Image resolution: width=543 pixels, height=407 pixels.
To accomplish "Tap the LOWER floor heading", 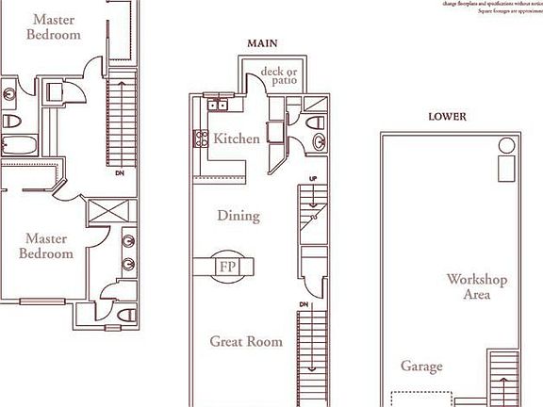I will [447, 117].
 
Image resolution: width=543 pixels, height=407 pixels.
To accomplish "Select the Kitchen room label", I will [236, 138].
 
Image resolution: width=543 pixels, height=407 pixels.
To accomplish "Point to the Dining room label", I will [238, 216].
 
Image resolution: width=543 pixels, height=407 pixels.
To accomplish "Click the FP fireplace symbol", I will [227, 267].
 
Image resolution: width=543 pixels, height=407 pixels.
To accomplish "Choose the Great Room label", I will [245, 341].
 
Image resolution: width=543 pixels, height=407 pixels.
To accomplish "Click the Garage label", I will [421, 366].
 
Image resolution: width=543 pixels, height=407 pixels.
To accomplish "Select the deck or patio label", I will [279, 75].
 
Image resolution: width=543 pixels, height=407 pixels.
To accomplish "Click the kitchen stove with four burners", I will [201, 139].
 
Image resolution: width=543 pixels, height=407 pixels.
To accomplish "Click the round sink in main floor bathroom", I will [318, 144].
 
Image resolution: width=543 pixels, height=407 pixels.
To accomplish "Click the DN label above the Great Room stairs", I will [304, 304].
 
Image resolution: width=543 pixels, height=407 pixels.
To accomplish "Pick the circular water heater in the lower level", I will [506, 146].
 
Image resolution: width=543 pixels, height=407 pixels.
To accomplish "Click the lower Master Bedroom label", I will [48, 246].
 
